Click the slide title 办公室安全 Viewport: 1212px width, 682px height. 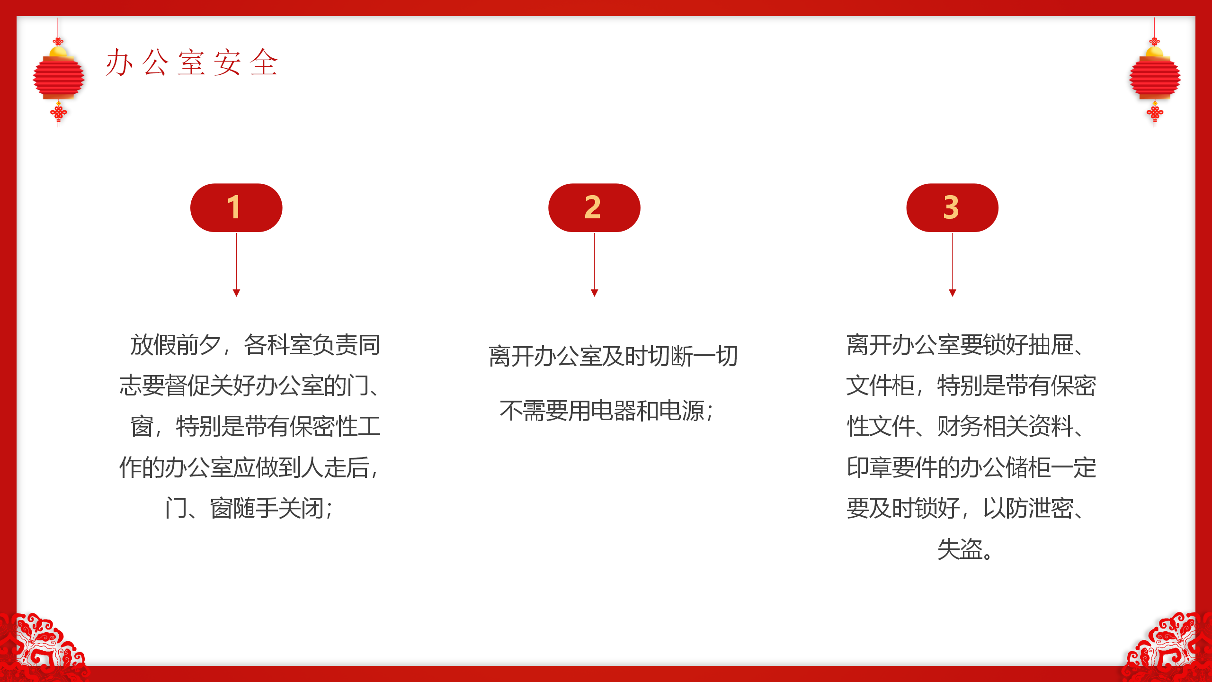pyautogui.click(x=191, y=63)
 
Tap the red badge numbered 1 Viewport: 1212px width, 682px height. pyautogui.click(x=236, y=207)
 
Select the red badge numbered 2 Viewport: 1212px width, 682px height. pyautogui.click(x=594, y=207)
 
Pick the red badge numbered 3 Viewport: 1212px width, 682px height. pyautogui.click(x=952, y=207)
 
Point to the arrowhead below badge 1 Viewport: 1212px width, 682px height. pyautogui.click(x=236, y=293)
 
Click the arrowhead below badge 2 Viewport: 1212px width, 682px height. pyautogui.click(x=594, y=293)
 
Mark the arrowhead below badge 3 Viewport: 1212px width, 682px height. pyautogui.click(x=952, y=293)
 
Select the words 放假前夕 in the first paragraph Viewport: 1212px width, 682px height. pyautogui.click(x=176, y=345)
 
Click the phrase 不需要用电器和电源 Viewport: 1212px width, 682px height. pyautogui.click(x=602, y=411)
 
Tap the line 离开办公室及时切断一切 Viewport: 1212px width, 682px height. pyautogui.click(x=613, y=356)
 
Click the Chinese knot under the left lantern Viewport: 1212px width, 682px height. pyautogui.click(x=58, y=113)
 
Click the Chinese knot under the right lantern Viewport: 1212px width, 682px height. pyautogui.click(x=1155, y=113)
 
